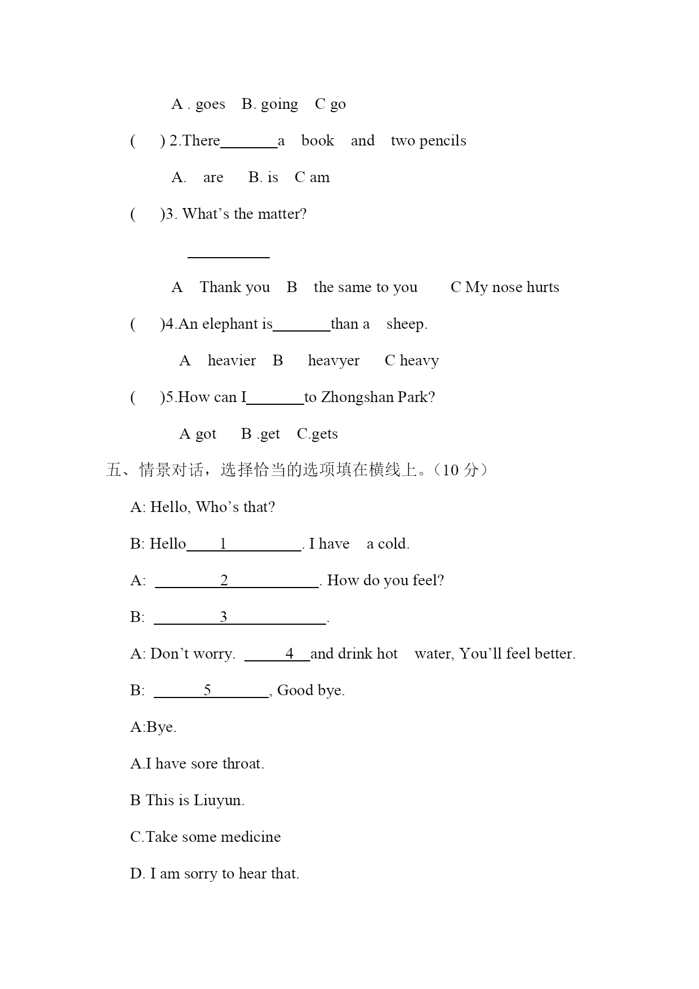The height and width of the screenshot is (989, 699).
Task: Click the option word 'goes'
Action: (210, 105)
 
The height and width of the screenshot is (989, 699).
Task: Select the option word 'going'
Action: (279, 105)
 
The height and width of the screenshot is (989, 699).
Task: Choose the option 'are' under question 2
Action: (213, 178)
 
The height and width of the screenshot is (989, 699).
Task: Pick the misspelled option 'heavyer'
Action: (333, 361)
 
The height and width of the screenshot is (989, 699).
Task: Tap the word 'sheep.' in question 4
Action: (407, 324)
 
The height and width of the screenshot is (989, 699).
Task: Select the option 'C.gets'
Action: (317, 434)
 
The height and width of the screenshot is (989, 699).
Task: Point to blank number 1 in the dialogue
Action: (243, 544)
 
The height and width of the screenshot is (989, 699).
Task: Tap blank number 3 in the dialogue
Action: (240, 617)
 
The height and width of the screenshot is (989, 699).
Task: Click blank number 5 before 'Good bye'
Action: (211, 691)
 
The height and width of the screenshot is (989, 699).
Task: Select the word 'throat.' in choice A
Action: (243, 764)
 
